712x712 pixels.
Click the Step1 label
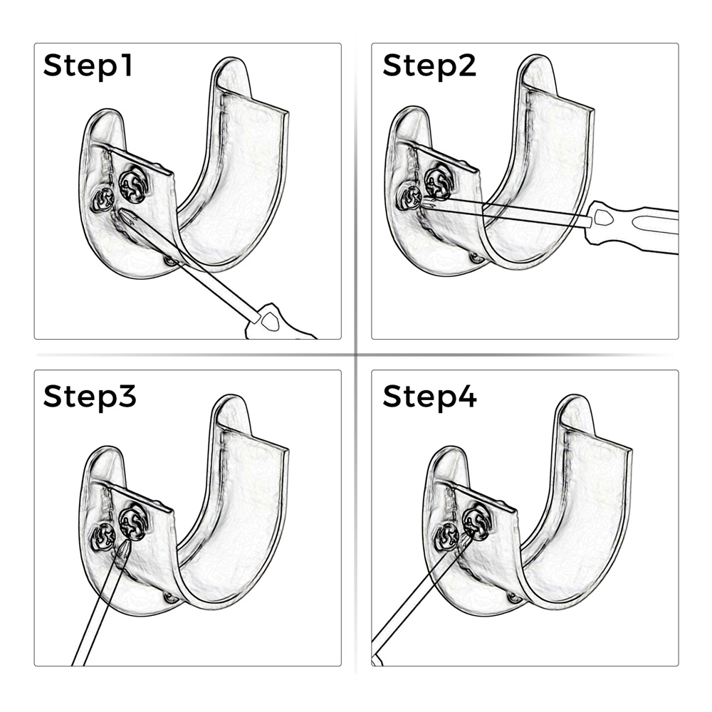[88, 66]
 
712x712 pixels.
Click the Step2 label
[429, 66]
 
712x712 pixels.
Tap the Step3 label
[90, 397]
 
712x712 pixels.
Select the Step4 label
[429, 397]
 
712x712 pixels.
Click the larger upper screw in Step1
[133, 185]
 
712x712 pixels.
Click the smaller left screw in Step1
[102, 200]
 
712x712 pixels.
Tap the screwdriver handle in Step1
[279, 323]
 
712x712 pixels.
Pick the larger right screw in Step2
[439, 182]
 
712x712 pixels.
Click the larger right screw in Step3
[133, 525]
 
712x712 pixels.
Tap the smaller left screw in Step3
[103, 538]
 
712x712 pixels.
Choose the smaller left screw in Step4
[447, 538]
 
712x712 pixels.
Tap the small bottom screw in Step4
[515, 599]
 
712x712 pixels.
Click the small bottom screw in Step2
[477, 258]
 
